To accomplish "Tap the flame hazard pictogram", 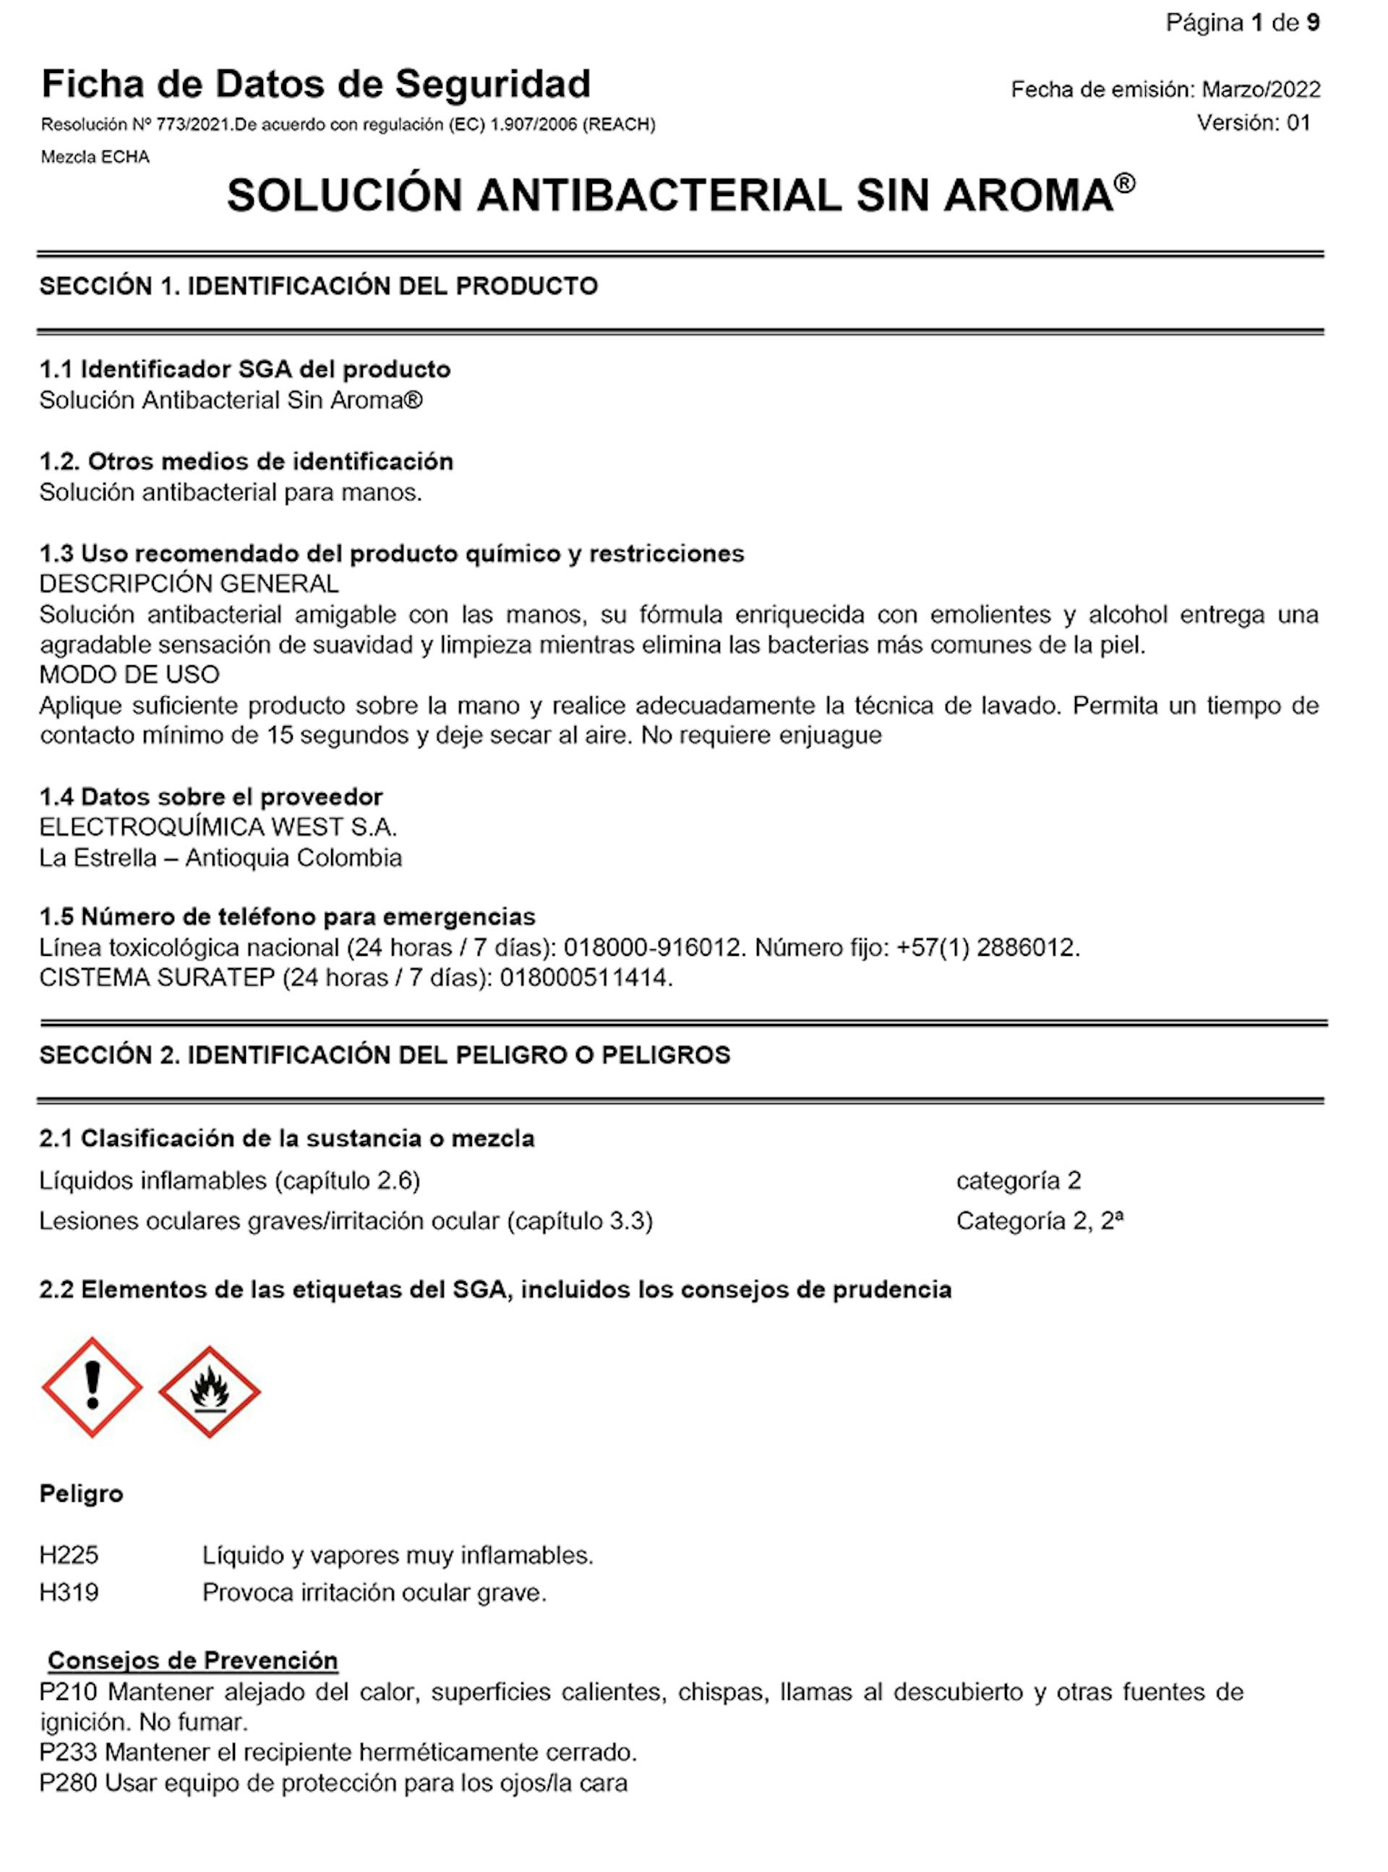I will click(209, 1392).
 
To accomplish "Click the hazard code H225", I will click(69, 1555).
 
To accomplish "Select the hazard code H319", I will click(69, 1592).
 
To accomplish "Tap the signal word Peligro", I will click(82, 1494).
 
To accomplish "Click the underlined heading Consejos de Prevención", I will click(192, 1660).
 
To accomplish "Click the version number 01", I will click(1298, 123).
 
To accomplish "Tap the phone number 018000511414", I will click(585, 978).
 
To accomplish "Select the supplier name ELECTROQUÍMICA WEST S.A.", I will click(218, 828).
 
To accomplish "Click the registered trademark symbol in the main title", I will click(1125, 183).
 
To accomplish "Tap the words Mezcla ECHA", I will click(95, 157).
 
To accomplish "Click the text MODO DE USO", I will click(129, 675).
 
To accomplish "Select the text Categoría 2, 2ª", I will click(1040, 1221).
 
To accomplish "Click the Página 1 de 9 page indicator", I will click(1242, 22).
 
